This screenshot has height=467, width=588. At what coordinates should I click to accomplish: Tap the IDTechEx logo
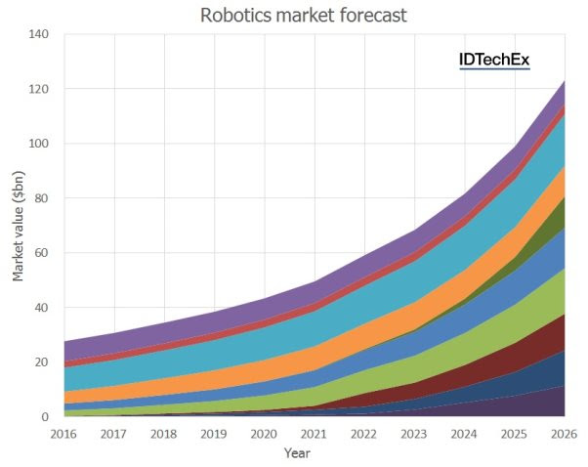[x=494, y=60]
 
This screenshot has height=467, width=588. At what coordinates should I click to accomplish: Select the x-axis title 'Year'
[x=297, y=452]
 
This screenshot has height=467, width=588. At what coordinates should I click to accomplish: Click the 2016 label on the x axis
[x=63, y=433]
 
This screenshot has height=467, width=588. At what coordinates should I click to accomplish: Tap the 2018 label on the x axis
[x=164, y=433]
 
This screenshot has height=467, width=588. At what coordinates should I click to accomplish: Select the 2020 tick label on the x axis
[x=265, y=433]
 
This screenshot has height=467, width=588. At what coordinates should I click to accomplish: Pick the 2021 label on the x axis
[x=315, y=433]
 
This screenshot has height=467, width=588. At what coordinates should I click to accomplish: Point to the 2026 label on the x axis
[x=561, y=433]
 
